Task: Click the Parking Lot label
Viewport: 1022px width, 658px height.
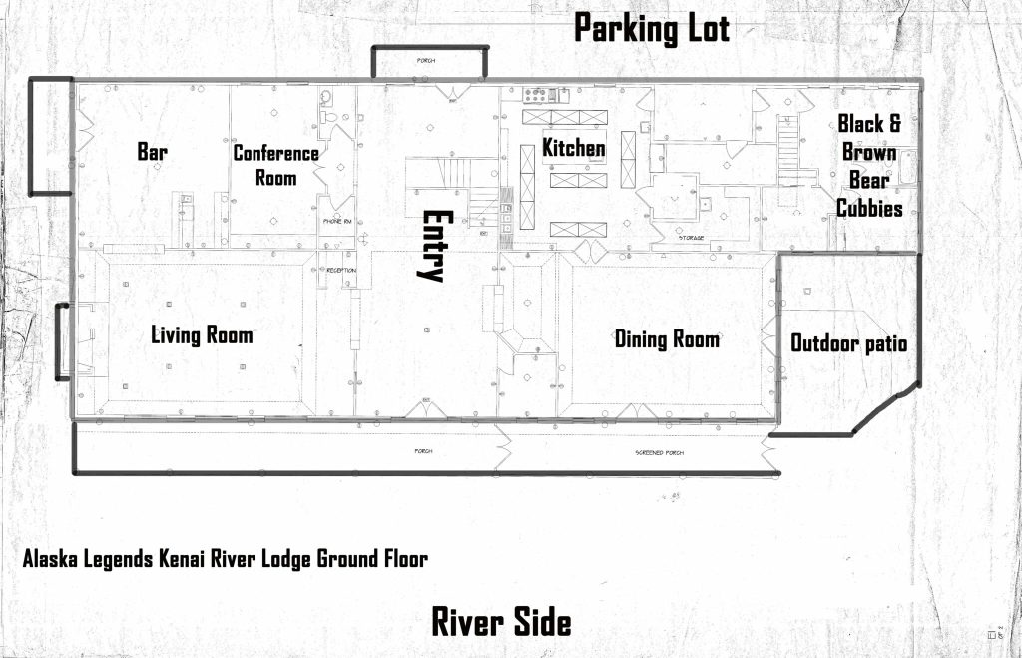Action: tap(651, 29)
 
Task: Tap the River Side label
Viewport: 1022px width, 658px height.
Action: tap(501, 621)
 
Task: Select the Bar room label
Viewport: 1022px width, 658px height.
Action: tap(152, 152)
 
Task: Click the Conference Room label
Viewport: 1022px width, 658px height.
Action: tap(275, 166)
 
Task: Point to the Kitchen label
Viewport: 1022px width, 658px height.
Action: tap(574, 148)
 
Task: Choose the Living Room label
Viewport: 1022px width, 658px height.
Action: tap(202, 334)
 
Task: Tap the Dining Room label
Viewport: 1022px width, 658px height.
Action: tap(667, 339)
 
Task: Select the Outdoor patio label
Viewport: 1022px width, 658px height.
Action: tap(848, 343)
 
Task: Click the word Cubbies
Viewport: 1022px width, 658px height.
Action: tap(869, 209)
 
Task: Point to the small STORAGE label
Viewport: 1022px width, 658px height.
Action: tap(692, 238)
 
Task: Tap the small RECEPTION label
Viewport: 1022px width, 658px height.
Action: tap(341, 270)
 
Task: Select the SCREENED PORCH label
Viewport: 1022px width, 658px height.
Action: tap(659, 452)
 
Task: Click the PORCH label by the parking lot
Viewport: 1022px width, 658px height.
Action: tap(426, 61)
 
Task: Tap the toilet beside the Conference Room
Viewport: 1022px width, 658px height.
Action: tap(326, 97)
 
